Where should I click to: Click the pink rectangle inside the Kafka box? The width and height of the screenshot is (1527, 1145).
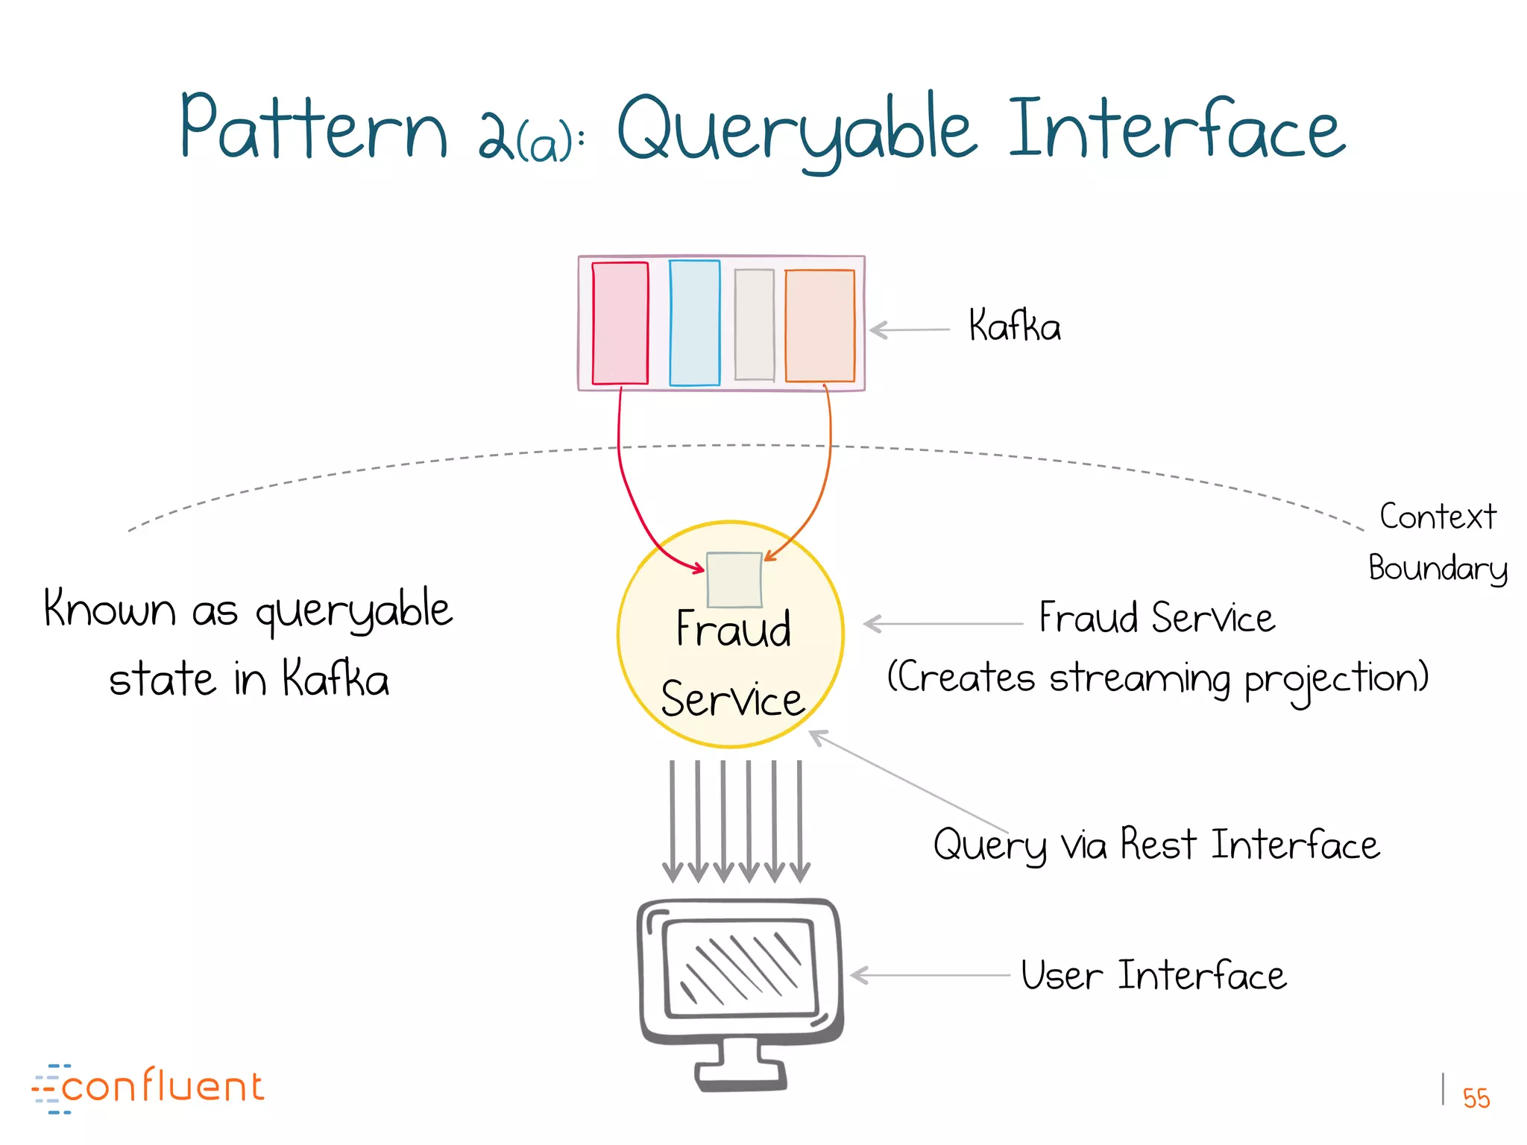(x=620, y=323)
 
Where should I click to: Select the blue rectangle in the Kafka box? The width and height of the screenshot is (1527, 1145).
(x=694, y=323)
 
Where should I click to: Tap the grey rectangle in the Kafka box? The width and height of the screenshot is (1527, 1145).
(x=754, y=324)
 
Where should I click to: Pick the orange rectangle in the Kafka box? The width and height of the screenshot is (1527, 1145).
(x=819, y=326)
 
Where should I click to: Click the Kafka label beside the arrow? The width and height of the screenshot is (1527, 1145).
(x=1014, y=327)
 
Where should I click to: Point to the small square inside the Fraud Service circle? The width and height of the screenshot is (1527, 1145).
(x=734, y=580)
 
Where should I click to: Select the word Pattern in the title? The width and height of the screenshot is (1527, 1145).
(x=313, y=128)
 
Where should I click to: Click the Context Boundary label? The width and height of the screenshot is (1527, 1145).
(x=1437, y=542)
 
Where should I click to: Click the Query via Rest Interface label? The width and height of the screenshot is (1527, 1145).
(x=1156, y=845)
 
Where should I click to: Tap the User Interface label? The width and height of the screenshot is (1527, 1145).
(x=1153, y=976)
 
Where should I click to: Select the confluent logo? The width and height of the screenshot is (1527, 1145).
(x=148, y=1088)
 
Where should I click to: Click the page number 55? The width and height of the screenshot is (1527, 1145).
(x=1476, y=1098)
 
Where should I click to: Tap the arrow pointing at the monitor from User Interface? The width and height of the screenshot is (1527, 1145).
(x=929, y=975)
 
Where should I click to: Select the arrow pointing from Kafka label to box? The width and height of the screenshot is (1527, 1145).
(x=909, y=329)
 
